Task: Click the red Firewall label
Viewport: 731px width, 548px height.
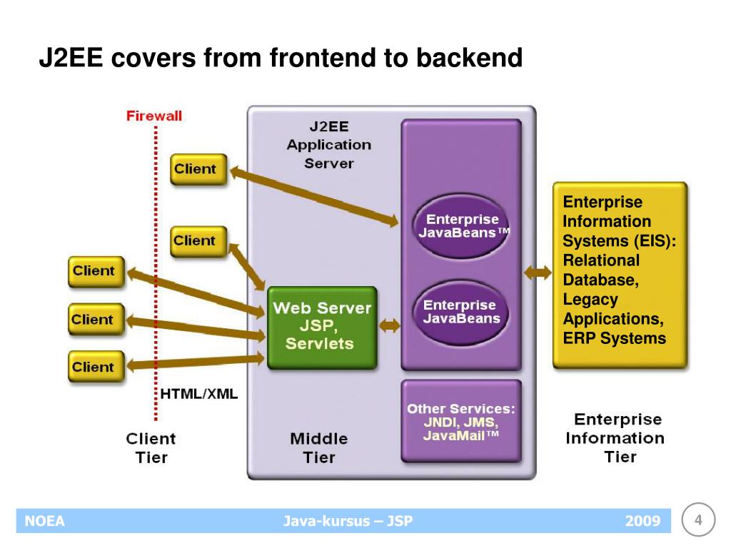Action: pyautogui.click(x=154, y=116)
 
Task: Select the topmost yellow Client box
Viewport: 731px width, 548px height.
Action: pyautogui.click(x=198, y=169)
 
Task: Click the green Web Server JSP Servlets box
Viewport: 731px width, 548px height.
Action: pyautogui.click(x=321, y=327)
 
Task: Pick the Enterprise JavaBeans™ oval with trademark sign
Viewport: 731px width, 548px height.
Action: pyautogui.click(x=462, y=226)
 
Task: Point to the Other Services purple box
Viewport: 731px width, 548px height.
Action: pyautogui.click(x=461, y=421)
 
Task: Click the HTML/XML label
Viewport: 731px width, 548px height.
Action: pyautogui.click(x=198, y=394)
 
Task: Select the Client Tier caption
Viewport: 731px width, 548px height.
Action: pyautogui.click(x=151, y=447)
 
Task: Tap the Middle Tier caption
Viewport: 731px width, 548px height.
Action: pyautogui.click(x=319, y=447)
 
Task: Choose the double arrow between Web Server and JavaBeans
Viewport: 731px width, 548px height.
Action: pyautogui.click(x=390, y=326)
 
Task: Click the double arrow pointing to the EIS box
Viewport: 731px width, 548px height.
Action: pyautogui.click(x=538, y=272)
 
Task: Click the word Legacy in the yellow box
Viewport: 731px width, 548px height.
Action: pyautogui.click(x=590, y=300)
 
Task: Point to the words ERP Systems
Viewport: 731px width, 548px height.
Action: pyautogui.click(x=614, y=338)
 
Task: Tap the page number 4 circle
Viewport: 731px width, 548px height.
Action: pyautogui.click(x=699, y=520)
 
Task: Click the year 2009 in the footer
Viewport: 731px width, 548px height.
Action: pyautogui.click(x=642, y=521)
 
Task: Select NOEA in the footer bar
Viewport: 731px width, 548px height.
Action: pyautogui.click(x=45, y=521)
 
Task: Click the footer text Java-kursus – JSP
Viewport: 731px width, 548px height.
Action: pyautogui.click(x=348, y=521)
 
